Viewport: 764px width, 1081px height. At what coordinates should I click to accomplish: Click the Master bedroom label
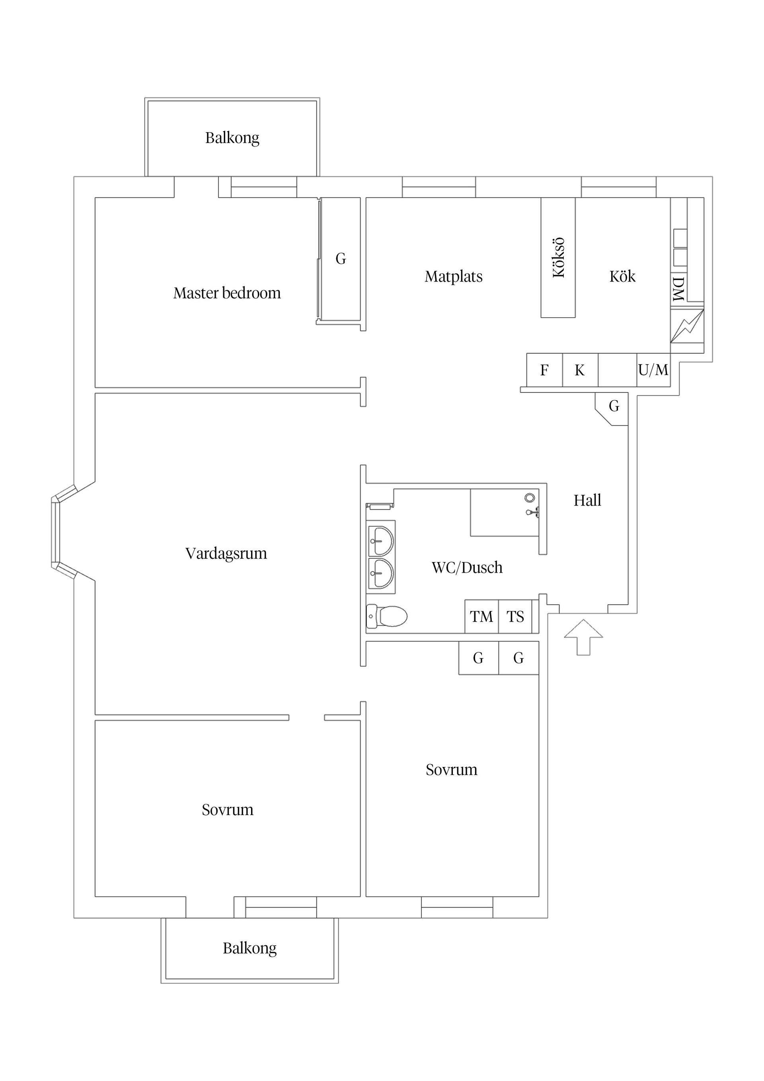click(x=227, y=293)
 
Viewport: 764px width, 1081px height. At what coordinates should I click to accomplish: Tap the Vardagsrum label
click(x=226, y=553)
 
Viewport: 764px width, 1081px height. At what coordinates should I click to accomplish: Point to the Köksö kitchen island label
click(x=558, y=258)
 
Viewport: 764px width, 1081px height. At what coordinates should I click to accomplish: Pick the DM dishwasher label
click(x=678, y=289)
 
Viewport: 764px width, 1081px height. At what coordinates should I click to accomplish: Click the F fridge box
click(x=544, y=370)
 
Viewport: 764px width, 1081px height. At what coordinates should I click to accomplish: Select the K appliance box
click(x=580, y=370)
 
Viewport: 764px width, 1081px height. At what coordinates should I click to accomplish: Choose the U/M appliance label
click(x=653, y=370)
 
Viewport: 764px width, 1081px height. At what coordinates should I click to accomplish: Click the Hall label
click(x=587, y=500)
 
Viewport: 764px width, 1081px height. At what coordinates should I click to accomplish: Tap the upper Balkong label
click(x=232, y=138)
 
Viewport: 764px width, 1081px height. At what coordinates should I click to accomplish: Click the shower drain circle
click(x=530, y=497)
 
